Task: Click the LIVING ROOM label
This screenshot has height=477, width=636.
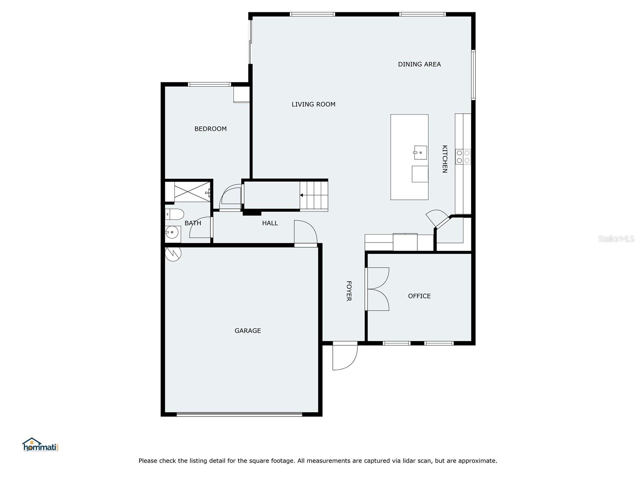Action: click(x=313, y=104)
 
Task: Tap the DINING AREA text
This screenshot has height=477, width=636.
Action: click(x=419, y=64)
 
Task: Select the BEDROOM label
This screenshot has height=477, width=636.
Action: click(x=210, y=129)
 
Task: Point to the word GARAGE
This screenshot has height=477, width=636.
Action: click(x=248, y=331)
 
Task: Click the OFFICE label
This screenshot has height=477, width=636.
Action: click(x=419, y=296)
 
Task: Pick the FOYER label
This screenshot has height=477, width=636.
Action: click(x=349, y=291)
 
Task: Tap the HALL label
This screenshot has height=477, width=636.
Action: click(x=270, y=223)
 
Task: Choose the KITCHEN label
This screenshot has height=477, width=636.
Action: click(x=444, y=159)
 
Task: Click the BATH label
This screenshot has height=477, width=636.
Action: click(x=193, y=223)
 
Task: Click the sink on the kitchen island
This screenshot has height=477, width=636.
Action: click(x=420, y=153)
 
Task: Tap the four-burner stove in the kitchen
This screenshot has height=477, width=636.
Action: click(x=463, y=157)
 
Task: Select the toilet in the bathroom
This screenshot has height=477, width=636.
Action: click(x=175, y=214)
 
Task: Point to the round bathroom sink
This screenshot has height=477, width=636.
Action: click(x=172, y=232)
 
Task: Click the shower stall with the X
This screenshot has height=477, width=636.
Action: click(x=192, y=192)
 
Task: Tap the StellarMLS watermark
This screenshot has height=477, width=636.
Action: click(x=616, y=239)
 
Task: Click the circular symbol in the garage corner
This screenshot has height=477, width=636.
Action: click(x=173, y=253)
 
